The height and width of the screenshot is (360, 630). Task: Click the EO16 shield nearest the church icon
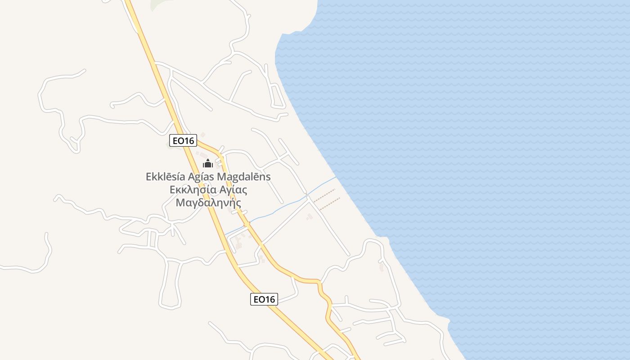(183, 141)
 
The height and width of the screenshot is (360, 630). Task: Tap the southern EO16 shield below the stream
(264, 299)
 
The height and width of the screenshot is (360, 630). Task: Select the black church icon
(207, 163)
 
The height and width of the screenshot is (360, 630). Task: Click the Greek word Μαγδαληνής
(208, 202)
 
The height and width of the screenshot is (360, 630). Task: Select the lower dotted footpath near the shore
(329, 203)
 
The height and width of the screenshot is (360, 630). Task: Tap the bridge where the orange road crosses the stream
(247, 224)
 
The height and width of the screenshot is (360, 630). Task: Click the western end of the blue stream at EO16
(225, 234)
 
